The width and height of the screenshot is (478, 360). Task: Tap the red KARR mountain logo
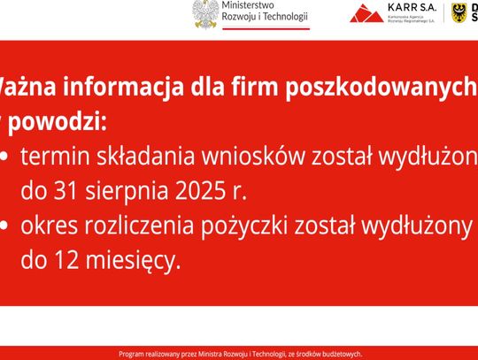tap(366, 13)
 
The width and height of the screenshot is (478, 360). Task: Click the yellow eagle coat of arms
tap(460, 11)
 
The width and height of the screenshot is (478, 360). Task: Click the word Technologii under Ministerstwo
tap(282, 17)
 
